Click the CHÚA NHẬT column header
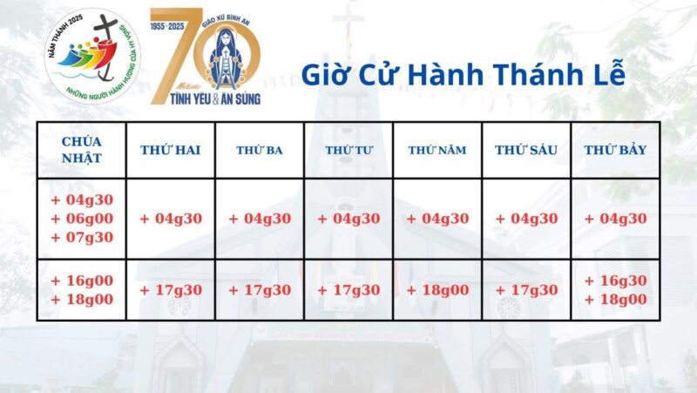click(82, 150)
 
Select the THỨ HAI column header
click(171, 150)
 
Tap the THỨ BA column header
click(260, 150)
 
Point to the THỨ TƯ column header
click(348, 150)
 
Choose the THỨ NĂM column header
click(437, 150)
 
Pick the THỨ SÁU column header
click(526, 150)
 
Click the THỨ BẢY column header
click(615, 150)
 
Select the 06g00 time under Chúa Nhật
click(82, 218)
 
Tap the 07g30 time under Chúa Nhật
click(82, 236)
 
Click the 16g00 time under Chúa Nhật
click(82, 281)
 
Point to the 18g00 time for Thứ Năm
click(437, 290)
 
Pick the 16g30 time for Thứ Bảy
click(615, 281)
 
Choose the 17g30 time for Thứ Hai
click(171, 290)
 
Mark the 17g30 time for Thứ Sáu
click(526, 290)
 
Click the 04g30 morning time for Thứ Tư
click(348, 219)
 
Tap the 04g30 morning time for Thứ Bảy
click(615, 219)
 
